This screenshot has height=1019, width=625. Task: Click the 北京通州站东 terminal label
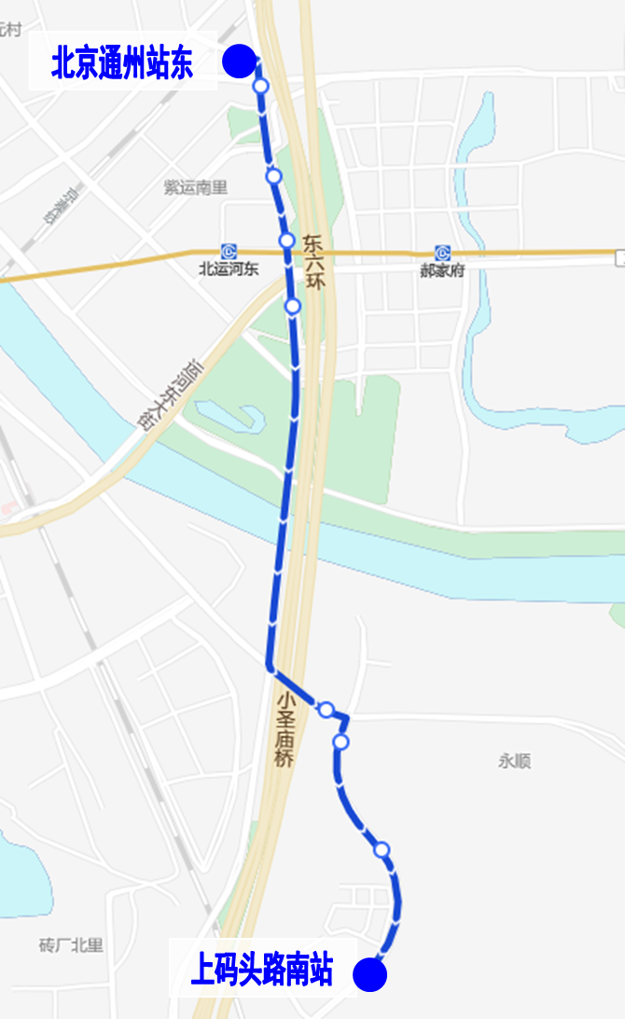(x=122, y=63)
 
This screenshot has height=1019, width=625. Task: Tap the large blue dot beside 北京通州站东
(x=240, y=62)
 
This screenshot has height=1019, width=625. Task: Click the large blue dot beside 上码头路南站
(x=370, y=975)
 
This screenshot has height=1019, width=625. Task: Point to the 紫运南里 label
(x=195, y=187)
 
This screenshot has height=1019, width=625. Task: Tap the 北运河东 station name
(x=229, y=270)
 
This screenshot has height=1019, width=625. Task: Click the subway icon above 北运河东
(x=229, y=252)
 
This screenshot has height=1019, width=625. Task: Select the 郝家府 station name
(x=442, y=271)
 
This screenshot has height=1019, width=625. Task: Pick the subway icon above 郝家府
(x=442, y=253)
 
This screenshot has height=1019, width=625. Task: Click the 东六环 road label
(x=313, y=261)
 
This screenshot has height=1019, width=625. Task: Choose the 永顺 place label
(x=514, y=762)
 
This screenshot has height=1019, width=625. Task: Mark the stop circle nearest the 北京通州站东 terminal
(x=261, y=87)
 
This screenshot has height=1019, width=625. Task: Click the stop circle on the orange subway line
(x=287, y=241)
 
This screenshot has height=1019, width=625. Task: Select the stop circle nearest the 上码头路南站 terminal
(x=382, y=849)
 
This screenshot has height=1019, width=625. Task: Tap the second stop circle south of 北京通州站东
(x=273, y=175)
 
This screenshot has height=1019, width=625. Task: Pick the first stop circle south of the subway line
(x=293, y=306)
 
